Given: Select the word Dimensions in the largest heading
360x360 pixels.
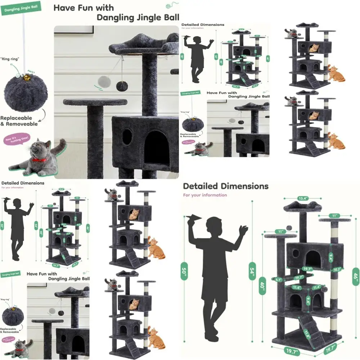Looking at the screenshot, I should point(244,186).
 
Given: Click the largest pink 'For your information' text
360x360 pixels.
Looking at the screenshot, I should point(205,195).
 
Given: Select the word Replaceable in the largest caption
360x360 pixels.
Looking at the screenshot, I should point(16,118).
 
